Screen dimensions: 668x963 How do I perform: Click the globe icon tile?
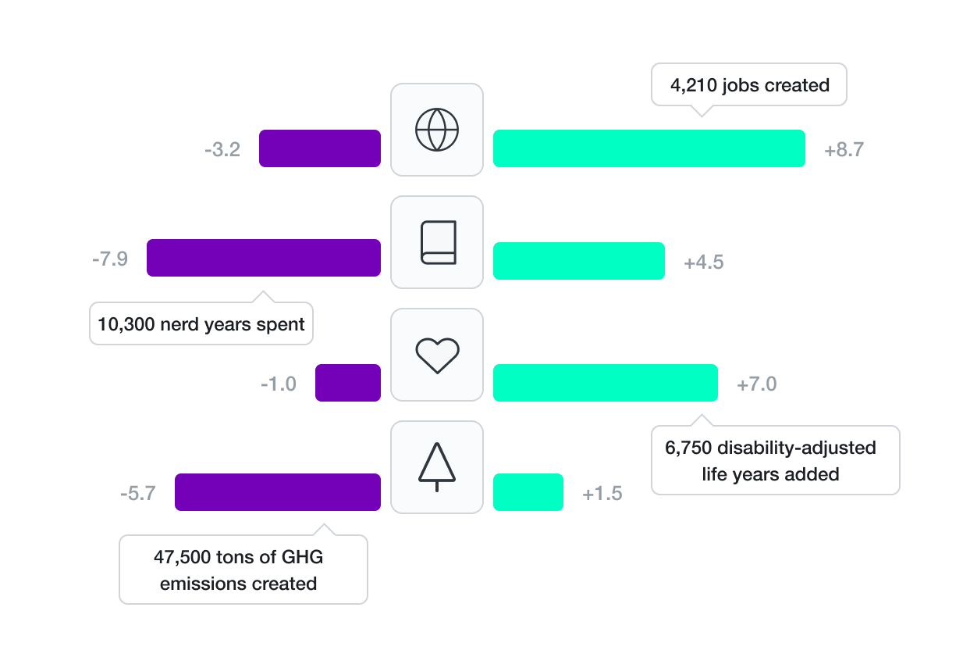coord(437,130)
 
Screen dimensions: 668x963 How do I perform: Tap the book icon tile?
coord(437,242)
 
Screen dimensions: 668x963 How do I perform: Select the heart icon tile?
coord(437,355)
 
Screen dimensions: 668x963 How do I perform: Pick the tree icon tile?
coord(437,467)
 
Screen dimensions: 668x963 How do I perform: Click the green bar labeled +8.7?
coord(649,148)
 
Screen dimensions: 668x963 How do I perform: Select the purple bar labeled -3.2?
coord(320,148)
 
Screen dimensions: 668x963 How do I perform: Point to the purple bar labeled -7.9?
coord(264,258)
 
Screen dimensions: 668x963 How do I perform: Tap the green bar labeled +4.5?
coord(579,261)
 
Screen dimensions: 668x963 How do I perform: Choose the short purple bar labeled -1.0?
coord(348,383)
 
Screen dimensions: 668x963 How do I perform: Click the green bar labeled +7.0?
coord(606,383)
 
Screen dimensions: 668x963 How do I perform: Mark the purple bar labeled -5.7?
coord(278,492)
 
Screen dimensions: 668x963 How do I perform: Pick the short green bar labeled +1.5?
coord(528,492)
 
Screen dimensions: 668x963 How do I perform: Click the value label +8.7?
coord(844,149)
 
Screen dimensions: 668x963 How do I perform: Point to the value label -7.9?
coord(110,259)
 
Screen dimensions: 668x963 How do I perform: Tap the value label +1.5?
coord(602,494)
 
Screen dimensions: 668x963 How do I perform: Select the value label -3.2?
coord(222,149)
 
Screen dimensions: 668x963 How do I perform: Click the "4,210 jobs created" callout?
coord(749,84)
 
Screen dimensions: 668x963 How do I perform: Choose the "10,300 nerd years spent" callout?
coord(201,323)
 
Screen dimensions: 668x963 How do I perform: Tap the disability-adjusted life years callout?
coord(775,460)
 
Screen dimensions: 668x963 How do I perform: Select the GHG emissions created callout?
coord(243,570)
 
